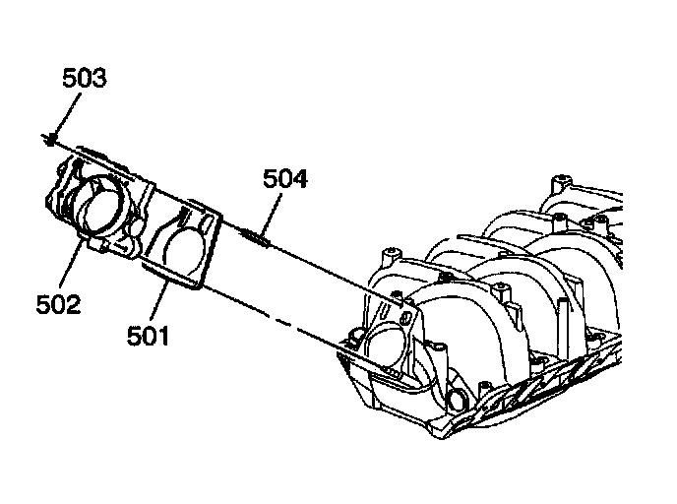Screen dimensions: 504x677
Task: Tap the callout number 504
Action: click(x=284, y=179)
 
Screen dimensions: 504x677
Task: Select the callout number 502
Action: click(x=58, y=304)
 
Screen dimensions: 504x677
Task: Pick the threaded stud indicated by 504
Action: click(x=253, y=234)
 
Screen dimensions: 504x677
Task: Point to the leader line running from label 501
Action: click(x=157, y=301)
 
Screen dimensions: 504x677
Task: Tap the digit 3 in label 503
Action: click(x=98, y=78)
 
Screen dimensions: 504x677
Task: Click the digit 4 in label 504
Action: click(x=300, y=179)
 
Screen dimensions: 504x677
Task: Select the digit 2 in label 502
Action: click(x=73, y=304)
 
